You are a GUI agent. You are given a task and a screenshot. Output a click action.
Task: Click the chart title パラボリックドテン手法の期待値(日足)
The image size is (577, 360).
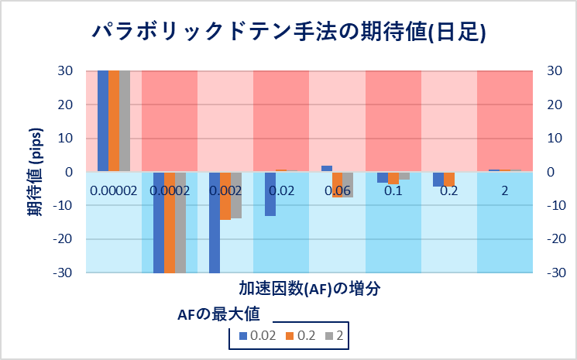coord(288,31)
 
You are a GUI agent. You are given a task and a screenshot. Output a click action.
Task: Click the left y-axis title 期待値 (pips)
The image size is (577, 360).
coord(36,170)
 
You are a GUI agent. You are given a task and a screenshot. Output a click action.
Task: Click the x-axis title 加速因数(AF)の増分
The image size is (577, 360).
coord(308,288)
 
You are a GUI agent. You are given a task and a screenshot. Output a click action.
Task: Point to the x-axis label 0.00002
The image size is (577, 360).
coord(113,190)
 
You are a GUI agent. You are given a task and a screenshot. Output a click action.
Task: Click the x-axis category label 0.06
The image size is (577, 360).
coord(337,190)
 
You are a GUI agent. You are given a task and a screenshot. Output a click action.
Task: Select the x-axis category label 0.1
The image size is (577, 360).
coord(393,190)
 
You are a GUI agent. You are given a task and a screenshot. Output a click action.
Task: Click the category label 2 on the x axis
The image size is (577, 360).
coord(505,190)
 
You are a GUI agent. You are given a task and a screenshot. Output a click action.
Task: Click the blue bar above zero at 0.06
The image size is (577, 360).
coord(327,168)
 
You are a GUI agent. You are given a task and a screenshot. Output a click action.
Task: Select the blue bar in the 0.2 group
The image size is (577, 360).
coord(438,179)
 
